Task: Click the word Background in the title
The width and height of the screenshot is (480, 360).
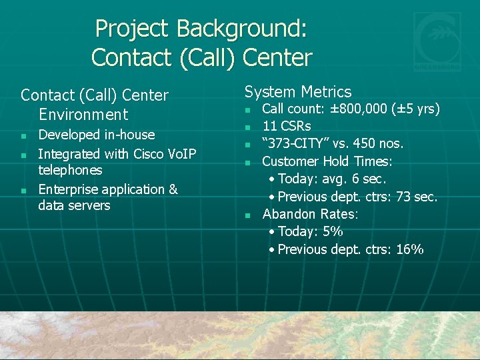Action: tap(243, 29)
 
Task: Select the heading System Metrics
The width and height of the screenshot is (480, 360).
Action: tap(298, 92)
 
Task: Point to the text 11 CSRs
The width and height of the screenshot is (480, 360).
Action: tap(287, 126)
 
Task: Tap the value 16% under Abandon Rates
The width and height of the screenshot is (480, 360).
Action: tap(409, 249)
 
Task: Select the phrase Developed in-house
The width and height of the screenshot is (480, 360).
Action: tap(96, 135)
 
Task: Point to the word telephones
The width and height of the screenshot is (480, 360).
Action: tap(70, 171)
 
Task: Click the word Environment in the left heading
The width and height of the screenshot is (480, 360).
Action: tap(83, 115)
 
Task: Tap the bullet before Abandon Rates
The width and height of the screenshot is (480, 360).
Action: tap(247, 215)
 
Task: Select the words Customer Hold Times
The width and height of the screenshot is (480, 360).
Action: tap(327, 161)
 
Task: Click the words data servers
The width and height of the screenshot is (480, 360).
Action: tap(74, 205)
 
